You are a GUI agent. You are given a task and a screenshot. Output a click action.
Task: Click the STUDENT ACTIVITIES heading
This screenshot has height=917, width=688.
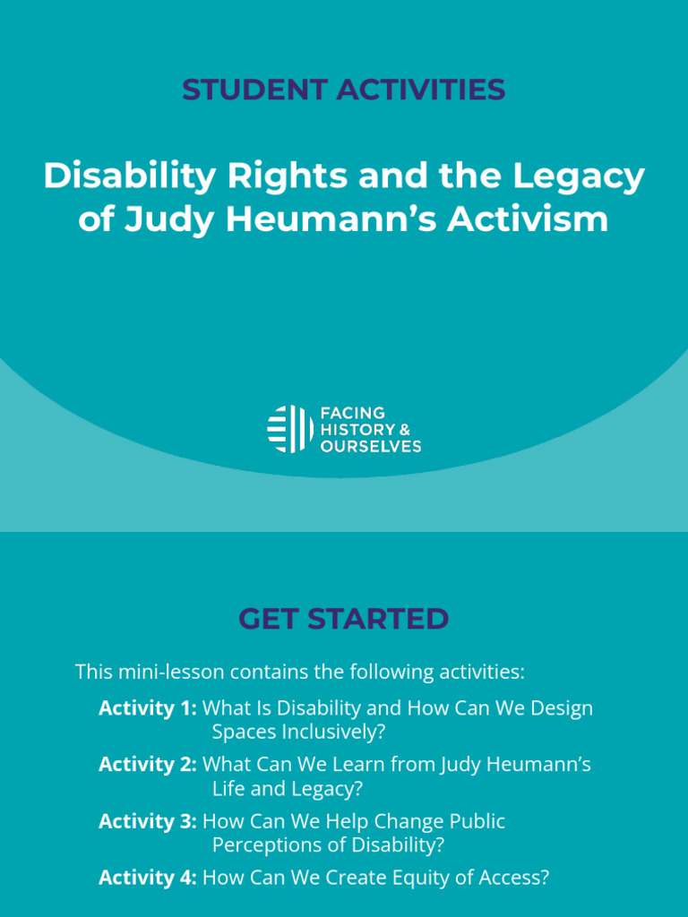[344, 90]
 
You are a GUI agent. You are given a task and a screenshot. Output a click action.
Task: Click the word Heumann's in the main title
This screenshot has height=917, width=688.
[331, 219]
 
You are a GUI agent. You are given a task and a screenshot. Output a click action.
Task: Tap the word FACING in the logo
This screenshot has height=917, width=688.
[353, 413]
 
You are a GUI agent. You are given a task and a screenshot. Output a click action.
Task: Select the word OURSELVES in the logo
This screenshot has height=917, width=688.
[371, 446]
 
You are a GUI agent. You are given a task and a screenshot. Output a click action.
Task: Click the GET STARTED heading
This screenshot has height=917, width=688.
[344, 619]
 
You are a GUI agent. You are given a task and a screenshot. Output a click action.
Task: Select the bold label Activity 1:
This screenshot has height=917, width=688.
[147, 708]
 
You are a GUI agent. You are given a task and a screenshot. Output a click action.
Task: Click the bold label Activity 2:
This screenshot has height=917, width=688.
[147, 765]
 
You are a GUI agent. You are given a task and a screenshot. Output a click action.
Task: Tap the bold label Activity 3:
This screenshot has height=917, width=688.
[147, 821]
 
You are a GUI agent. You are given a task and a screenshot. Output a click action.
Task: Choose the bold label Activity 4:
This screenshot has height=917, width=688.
[147, 878]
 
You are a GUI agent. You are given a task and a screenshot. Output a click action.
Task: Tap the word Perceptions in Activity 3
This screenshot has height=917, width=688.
[263, 844]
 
